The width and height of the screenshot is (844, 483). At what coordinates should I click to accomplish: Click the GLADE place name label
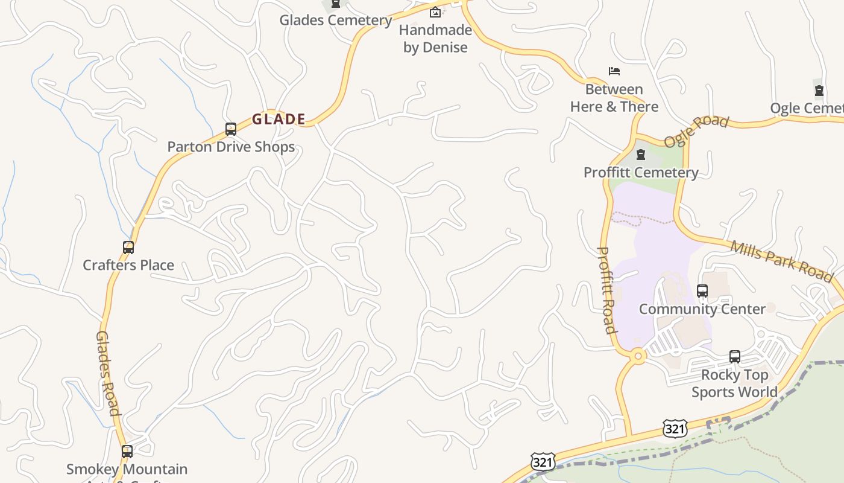point(279,120)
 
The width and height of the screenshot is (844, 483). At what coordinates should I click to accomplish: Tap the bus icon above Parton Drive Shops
point(230,129)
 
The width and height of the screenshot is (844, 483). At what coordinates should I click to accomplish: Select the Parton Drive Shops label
point(231,147)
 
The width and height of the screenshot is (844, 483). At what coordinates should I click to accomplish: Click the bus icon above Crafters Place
point(128,248)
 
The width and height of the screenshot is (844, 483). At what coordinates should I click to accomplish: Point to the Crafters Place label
point(128,265)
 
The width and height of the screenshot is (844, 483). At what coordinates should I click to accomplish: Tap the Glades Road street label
point(108,373)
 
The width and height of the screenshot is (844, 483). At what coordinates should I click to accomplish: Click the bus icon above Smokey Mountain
point(127,452)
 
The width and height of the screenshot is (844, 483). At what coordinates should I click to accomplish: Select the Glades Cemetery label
point(336,20)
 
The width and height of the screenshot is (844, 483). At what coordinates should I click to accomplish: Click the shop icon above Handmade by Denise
point(435,12)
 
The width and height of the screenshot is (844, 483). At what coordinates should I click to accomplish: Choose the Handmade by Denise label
point(435,39)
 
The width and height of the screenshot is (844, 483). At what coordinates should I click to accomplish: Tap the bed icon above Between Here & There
point(614,71)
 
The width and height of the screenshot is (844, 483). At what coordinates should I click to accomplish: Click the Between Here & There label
point(614,98)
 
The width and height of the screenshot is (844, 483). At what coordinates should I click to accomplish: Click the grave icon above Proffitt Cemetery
point(641,155)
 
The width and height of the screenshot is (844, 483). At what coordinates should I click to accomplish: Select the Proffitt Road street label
point(607,290)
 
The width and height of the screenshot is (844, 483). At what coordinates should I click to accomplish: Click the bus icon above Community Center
point(702,291)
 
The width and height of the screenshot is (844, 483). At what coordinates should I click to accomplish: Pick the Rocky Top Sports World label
point(734,383)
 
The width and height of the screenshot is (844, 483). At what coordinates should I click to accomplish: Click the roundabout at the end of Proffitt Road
point(637,357)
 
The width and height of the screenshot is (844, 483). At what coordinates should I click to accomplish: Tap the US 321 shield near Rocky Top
point(675,428)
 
